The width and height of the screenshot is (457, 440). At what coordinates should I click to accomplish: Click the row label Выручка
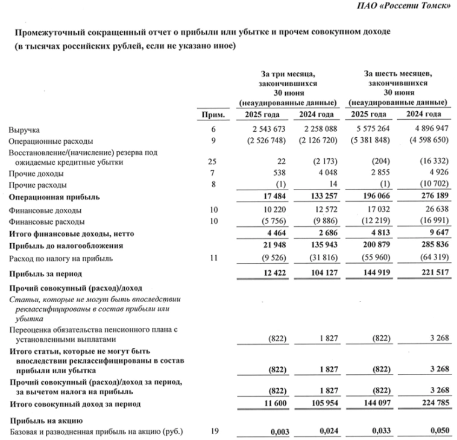coord(23,130)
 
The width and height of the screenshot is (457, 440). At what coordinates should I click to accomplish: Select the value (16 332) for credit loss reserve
coord(433,163)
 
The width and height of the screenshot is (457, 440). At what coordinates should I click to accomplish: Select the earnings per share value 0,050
coord(438,432)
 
